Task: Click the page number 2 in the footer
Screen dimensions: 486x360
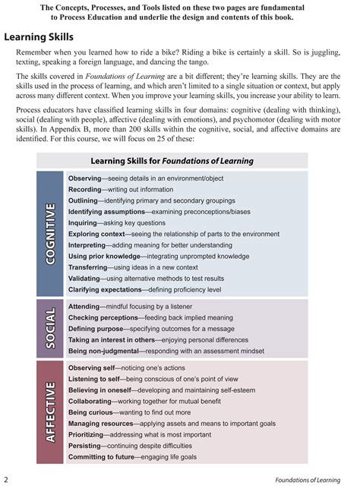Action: [6, 478]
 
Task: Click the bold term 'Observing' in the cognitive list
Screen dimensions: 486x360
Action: [89, 178]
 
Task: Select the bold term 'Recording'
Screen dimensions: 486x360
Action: [90, 189]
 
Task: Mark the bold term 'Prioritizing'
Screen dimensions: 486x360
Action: [91, 434]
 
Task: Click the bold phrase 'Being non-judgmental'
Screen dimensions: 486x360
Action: [103, 352]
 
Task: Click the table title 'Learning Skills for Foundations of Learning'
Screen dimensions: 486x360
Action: [172, 161]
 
